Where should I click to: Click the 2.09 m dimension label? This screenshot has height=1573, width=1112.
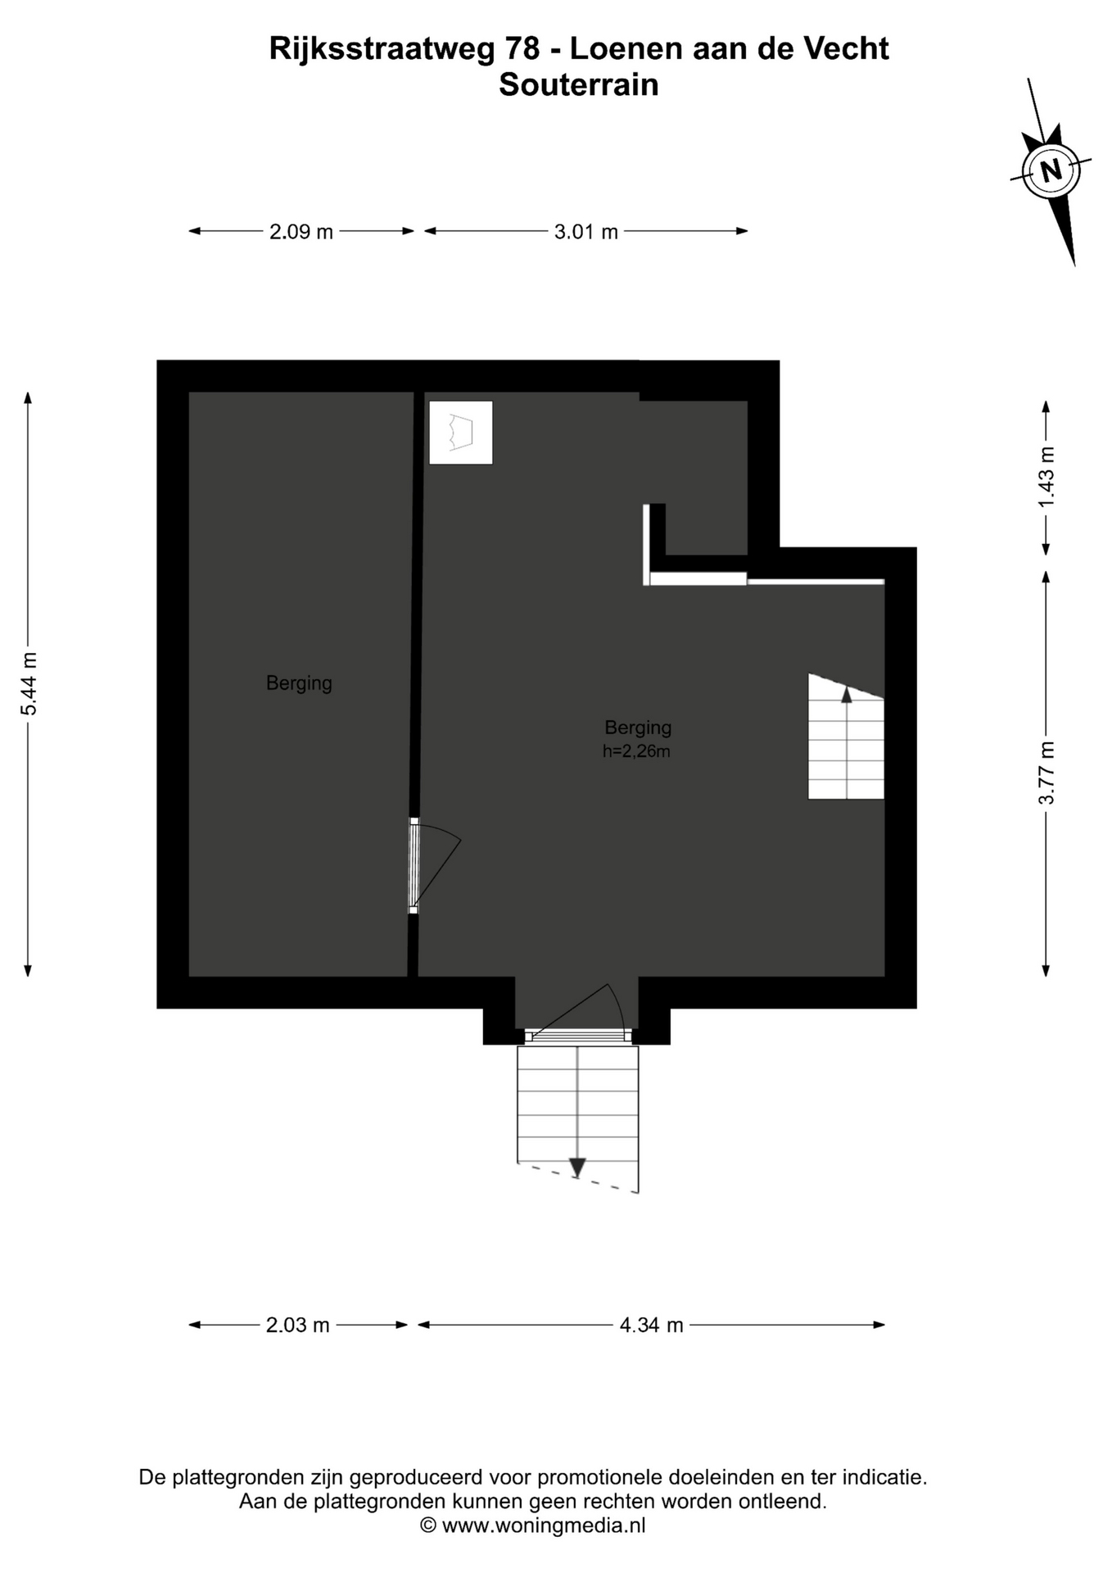pos(301,232)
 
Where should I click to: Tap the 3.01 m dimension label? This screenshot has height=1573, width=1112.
pos(585,232)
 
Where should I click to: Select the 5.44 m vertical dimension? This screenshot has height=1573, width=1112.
pos(29,684)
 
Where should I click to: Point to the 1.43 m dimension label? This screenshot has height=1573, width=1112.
pos(1046,477)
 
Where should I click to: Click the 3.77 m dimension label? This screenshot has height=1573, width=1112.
pos(1046,773)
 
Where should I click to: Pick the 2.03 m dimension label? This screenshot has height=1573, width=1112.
pos(297,1325)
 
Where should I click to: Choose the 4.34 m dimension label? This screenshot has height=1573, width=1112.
pos(651,1325)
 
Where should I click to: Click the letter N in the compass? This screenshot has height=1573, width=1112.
pos(1051,170)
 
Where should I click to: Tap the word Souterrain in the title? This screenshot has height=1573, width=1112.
pos(578,85)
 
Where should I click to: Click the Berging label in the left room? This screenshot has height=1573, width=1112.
pos(299,682)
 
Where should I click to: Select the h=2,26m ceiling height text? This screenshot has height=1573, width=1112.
pos(636,751)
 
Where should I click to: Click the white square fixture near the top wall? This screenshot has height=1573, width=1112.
pos(461,433)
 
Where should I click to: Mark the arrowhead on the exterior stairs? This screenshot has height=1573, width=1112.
pos(577,1167)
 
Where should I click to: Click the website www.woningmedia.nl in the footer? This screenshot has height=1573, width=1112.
pos(544,1525)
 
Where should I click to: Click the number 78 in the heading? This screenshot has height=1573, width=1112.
pos(522,49)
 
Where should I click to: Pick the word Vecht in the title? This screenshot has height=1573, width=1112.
pos(846,49)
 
